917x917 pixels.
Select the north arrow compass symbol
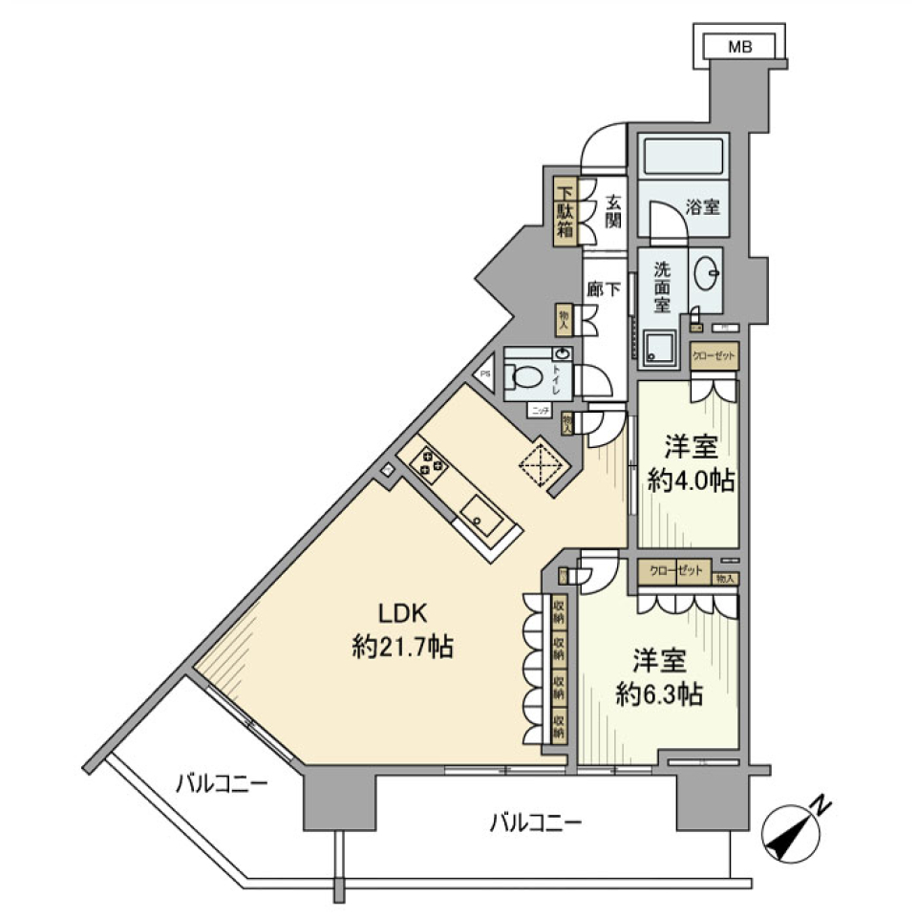point(794,830)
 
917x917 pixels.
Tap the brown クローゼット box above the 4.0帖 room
point(714,356)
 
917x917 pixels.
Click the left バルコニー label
point(222,785)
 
